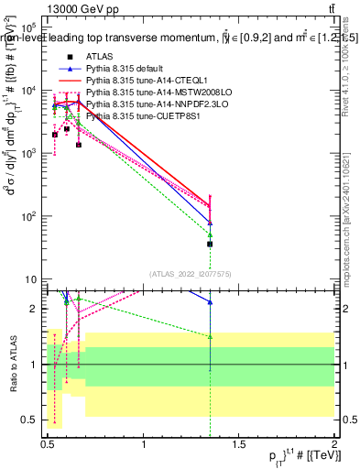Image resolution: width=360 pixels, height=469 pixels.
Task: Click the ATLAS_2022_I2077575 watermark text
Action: [191, 273]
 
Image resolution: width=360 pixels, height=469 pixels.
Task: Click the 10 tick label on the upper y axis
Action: [31, 279]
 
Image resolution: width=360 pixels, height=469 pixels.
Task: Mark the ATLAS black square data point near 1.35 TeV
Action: [211, 244]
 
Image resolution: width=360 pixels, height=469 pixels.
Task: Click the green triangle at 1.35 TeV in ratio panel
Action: [211, 336]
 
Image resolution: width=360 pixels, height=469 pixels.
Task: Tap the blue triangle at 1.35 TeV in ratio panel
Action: [211, 301]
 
